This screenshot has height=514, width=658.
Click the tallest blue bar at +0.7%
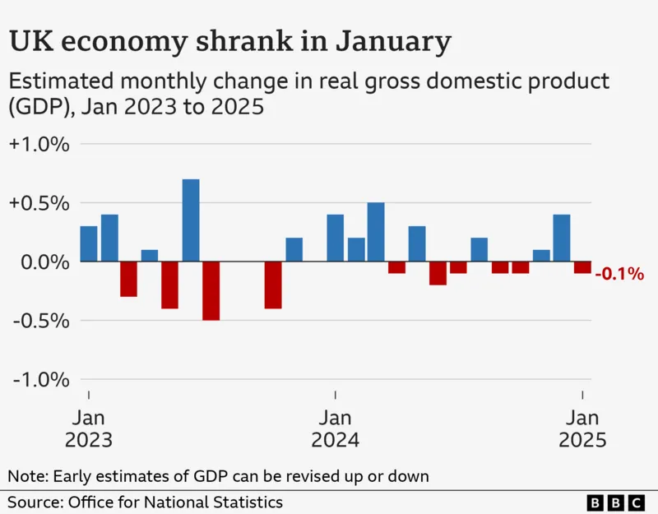coord(191,220)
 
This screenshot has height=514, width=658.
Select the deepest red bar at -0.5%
coord(211,290)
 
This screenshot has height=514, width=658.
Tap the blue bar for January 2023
coord(89,243)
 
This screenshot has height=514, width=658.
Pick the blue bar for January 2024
coord(335,238)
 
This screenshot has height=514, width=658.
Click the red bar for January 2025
coord(582,267)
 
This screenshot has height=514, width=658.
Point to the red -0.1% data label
coord(619,275)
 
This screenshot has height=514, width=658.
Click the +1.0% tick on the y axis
coord(39,145)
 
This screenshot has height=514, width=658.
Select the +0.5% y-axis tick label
coord(39,203)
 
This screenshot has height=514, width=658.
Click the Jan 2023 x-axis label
coord(89,428)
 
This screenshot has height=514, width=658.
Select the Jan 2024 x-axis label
coord(335,428)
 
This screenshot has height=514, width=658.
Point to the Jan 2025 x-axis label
coord(582,428)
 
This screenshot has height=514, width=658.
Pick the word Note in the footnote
coord(27,475)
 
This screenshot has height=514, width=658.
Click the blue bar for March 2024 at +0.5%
coord(376,232)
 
